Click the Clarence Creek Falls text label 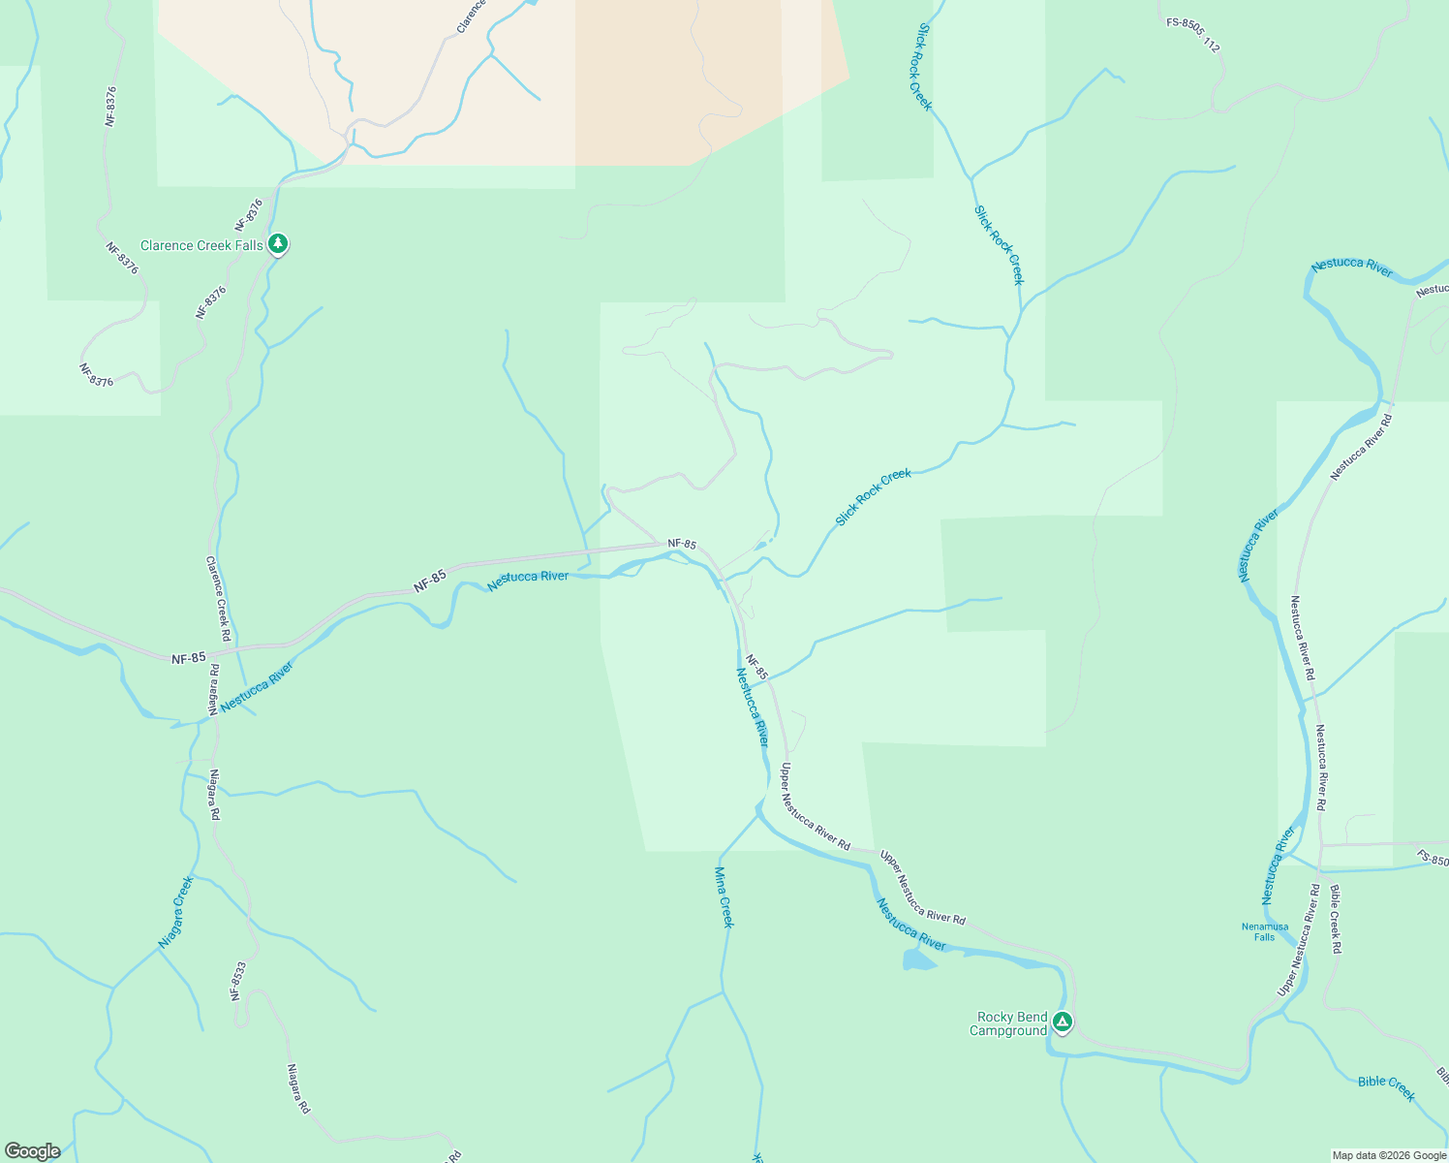tap(201, 245)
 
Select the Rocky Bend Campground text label tap(1011, 1023)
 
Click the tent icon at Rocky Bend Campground tap(1063, 1022)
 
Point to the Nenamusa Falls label tap(1265, 931)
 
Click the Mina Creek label tap(724, 897)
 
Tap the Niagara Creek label tap(175, 912)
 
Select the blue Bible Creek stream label tap(1386, 1087)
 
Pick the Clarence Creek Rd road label tap(218, 598)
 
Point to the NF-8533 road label tap(238, 980)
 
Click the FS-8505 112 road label tap(1192, 33)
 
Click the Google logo tap(32, 1151)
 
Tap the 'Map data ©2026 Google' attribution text tap(1389, 1155)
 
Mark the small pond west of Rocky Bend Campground tap(917, 959)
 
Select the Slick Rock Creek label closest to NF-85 tap(873, 497)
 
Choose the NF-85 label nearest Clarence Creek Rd tap(189, 658)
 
